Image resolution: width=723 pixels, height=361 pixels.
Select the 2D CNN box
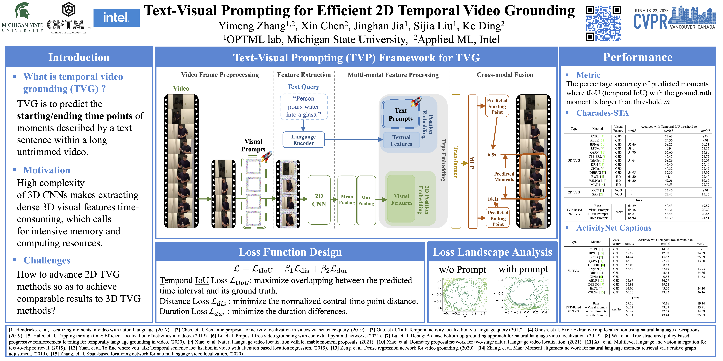(x=319, y=200)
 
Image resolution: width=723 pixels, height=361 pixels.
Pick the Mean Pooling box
(x=347, y=200)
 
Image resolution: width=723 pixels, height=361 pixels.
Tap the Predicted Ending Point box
(x=498, y=218)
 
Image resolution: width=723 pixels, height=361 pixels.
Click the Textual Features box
(x=401, y=140)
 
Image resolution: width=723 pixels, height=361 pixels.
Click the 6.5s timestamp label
(x=491, y=155)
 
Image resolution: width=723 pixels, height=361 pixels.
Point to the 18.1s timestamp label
(x=493, y=199)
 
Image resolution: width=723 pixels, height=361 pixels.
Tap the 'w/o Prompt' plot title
(x=462, y=270)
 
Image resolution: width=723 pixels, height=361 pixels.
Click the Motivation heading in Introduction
(x=47, y=170)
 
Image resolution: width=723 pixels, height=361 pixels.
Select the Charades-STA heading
(x=602, y=113)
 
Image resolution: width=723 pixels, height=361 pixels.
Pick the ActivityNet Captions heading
(x=614, y=228)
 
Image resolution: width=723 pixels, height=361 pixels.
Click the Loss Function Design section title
(x=290, y=252)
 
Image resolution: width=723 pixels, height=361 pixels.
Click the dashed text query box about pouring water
(x=303, y=107)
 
